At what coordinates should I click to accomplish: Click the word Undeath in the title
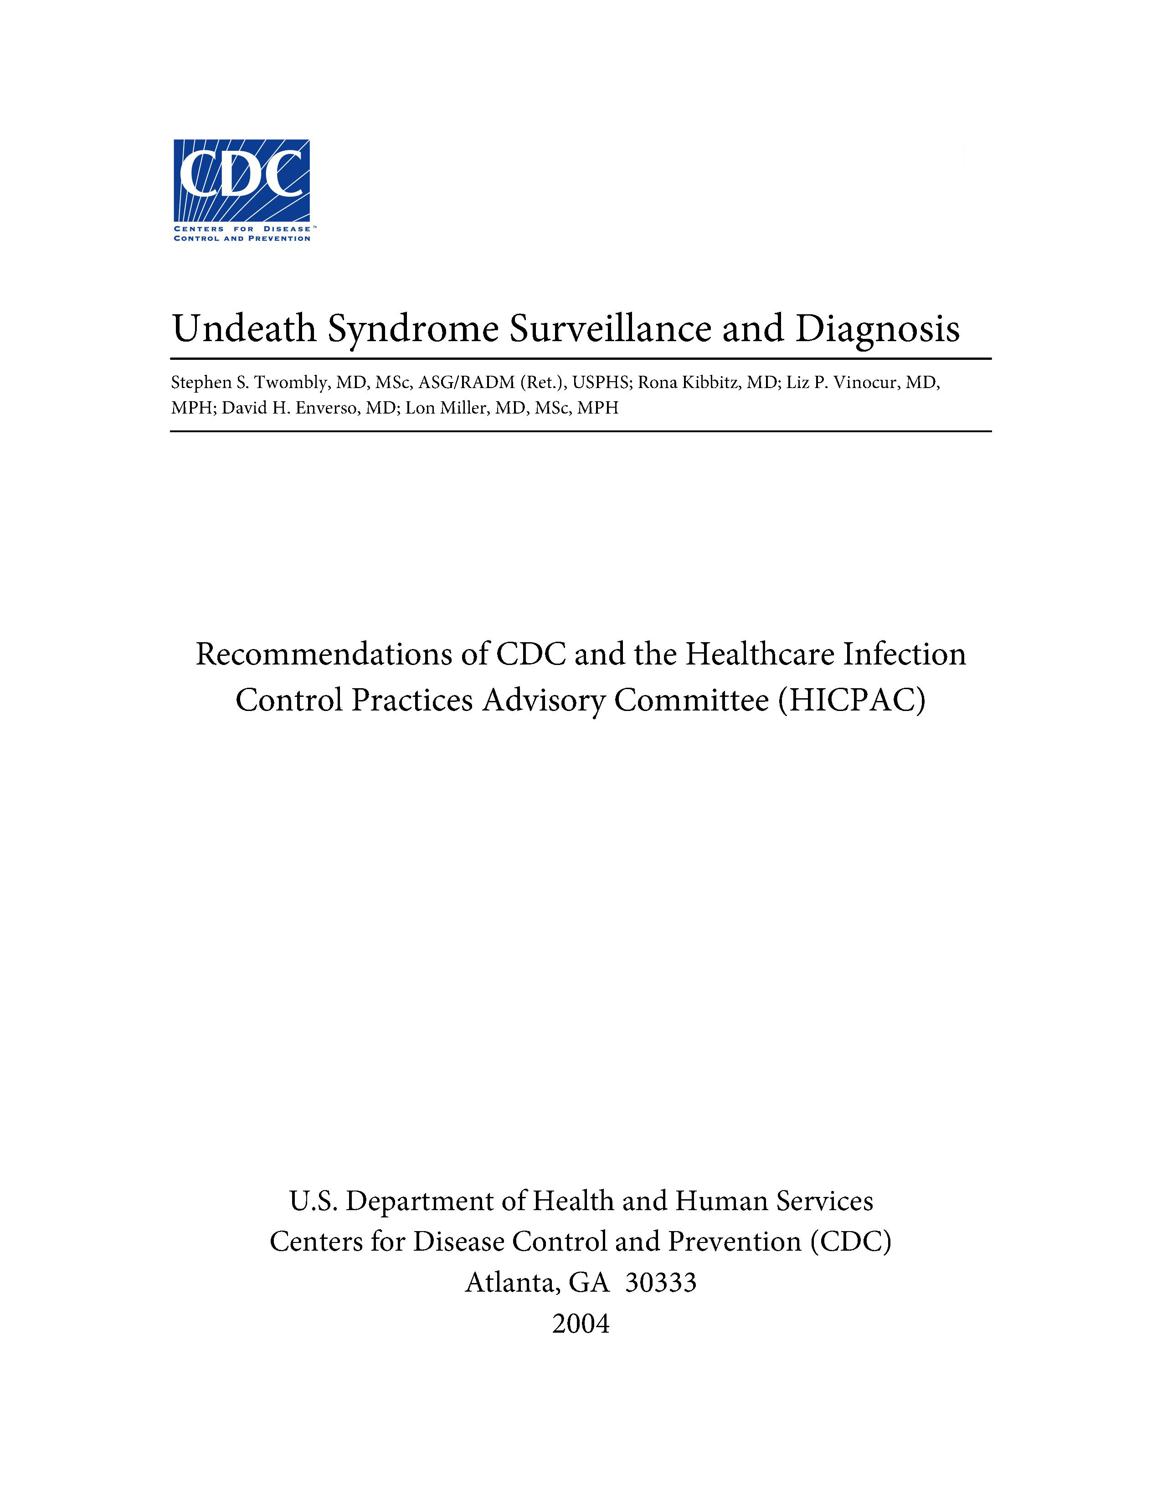pos(244,328)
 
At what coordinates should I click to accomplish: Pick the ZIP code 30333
pos(661,1283)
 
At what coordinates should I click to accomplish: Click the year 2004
pos(580,1324)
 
